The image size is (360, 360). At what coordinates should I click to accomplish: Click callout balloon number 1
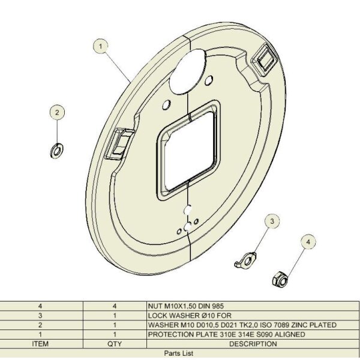(100, 46)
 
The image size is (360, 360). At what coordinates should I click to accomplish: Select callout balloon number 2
(57, 112)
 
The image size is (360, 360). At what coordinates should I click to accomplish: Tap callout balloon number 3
(272, 221)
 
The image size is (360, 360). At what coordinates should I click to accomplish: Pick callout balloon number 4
(308, 242)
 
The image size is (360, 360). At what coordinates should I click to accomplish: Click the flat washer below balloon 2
(57, 151)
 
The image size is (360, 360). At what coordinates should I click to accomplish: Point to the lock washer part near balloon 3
(245, 260)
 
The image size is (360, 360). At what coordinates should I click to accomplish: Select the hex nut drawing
(280, 279)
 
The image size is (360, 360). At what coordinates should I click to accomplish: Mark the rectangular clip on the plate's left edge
(119, 144)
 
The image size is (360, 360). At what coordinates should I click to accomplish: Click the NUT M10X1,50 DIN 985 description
(186, 306)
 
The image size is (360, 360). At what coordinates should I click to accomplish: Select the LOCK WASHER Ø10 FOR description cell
(190, 316)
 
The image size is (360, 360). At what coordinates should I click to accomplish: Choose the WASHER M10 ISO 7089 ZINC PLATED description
(242, 325)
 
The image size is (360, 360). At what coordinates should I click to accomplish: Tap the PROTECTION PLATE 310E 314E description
(226, 334)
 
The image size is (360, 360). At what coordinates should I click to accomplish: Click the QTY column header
(115, 344)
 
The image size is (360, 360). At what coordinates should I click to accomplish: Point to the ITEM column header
(40, 344)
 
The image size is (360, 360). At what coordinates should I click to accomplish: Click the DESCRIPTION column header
(253, 344)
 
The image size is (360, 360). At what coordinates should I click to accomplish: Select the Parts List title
(179, 353)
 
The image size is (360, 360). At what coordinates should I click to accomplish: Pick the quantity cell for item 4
(115, 306)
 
